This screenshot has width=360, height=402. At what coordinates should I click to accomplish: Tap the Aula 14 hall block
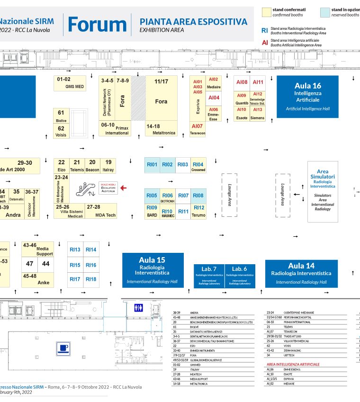click(301, 274)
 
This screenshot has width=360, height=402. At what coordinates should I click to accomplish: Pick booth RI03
click(183, 165)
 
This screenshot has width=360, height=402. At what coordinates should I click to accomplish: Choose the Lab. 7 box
click(209, 276)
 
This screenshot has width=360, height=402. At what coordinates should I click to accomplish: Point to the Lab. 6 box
click(240, 276)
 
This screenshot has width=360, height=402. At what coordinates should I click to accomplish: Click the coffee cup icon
click(64, 349)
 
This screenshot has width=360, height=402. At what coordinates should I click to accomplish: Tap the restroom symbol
click(139, 307)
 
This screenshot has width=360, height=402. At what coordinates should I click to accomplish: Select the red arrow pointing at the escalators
click(124, 188)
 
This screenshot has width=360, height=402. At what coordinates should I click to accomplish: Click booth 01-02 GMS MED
click(70, 83)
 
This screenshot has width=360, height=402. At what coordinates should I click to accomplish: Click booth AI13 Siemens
click(257, 114)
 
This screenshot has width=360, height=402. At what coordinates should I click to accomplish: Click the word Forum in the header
click(97, 24)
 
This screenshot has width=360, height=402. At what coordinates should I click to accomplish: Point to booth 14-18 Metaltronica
click(162, 129)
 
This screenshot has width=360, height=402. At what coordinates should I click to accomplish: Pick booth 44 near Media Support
click(45, 263)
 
